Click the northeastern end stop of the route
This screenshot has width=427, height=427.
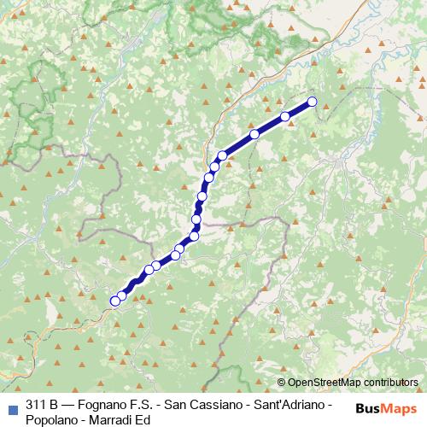[x=312, y=102]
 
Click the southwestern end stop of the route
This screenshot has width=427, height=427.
[x=114, y=301]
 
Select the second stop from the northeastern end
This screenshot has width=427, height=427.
[x=285, y=116]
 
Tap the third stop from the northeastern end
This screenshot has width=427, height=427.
[x=254, y=134]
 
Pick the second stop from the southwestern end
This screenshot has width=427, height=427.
[x=122, y=295]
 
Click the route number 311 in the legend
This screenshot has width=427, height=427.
[x=37, y=404]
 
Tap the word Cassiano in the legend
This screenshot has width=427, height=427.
[x=213, y=404]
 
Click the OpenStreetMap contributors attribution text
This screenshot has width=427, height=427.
[x=352, y=383]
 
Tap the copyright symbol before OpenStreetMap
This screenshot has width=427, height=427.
[x=282, y=383]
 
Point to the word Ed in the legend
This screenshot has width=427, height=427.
[x=143, y=419]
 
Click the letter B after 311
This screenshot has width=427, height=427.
[x=54, y=404]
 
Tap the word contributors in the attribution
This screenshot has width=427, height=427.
[x=389, y=383]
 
